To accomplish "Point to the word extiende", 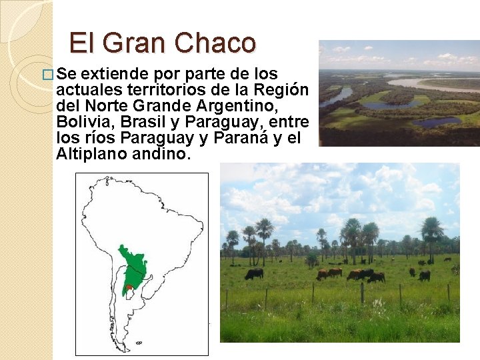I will click(x=112, y=73).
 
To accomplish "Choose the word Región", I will click(x=284, y=90).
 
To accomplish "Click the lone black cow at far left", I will click(x=253, y=273).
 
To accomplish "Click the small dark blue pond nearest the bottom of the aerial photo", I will click(x=437, y=122).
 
